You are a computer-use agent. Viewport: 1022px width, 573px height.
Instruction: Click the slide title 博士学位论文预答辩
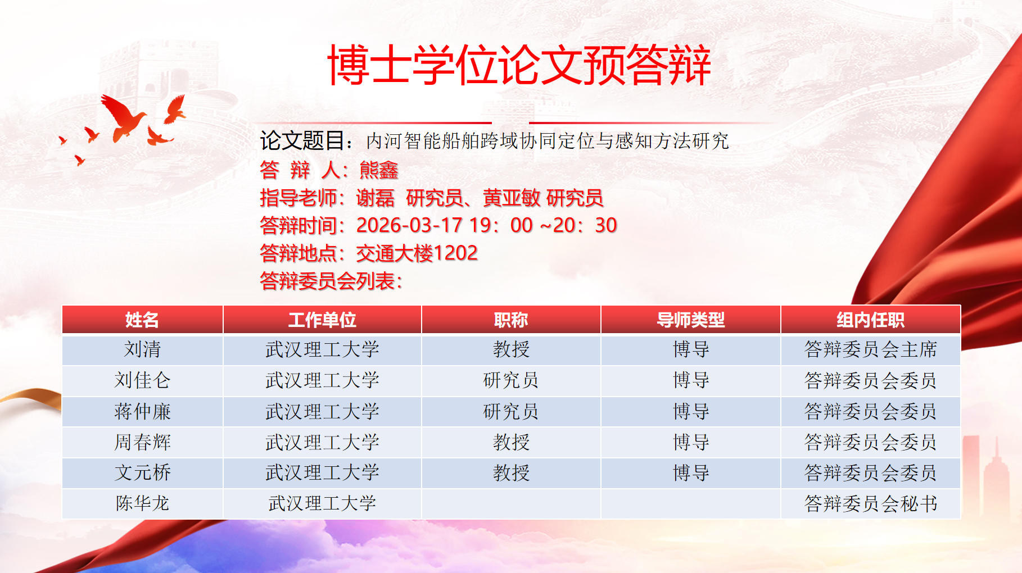pos(519,65)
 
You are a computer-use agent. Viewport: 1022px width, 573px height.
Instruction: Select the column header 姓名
pos(142,320)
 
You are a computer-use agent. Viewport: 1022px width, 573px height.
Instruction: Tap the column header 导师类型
pos(691,320)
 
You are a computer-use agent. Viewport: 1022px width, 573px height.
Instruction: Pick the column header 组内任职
pos(870,320)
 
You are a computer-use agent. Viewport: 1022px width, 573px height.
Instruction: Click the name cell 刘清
pos(142,349)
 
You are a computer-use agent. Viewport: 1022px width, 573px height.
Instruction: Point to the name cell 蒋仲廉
pos(142,411)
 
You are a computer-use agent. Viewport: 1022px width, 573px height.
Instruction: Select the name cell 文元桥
pos(142,472)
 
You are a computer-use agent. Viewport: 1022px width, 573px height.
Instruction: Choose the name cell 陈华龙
pos(142,503)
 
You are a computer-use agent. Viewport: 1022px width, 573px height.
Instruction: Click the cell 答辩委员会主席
pos(870,349)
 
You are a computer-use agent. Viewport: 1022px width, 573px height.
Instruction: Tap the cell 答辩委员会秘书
pos(870,503)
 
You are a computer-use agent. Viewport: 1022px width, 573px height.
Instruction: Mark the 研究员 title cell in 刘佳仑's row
pos(511,380)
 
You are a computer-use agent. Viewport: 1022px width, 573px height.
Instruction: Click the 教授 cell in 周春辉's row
pos(511,442)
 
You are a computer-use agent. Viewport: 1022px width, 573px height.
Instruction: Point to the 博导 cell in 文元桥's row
pos(691,472)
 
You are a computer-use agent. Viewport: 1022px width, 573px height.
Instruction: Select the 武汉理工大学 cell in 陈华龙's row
pos(322,503)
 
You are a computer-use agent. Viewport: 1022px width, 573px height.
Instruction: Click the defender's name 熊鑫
pos(378,170)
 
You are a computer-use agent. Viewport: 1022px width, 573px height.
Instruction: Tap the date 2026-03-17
pos(409,225)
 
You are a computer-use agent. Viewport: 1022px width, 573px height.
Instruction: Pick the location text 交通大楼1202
pos(417,253)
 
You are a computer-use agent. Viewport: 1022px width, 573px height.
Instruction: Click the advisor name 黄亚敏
pos(512,198)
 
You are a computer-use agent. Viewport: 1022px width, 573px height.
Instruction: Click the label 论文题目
pos(302,140)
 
